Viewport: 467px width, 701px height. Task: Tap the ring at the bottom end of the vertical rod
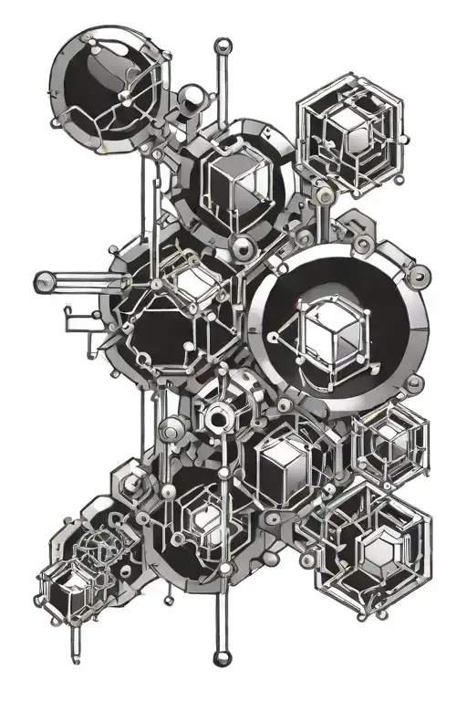(x=219, y=657)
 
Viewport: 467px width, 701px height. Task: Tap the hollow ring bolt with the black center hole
(x=217, y=419)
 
